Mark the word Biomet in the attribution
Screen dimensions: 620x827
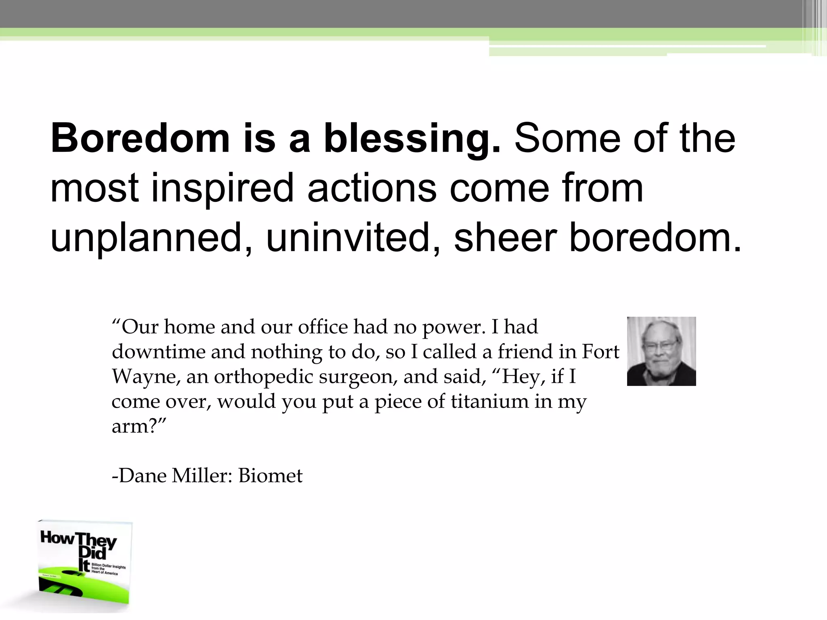point(270,476)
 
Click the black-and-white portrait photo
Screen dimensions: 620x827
point(661,351)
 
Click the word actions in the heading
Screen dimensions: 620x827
point(372,188)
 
